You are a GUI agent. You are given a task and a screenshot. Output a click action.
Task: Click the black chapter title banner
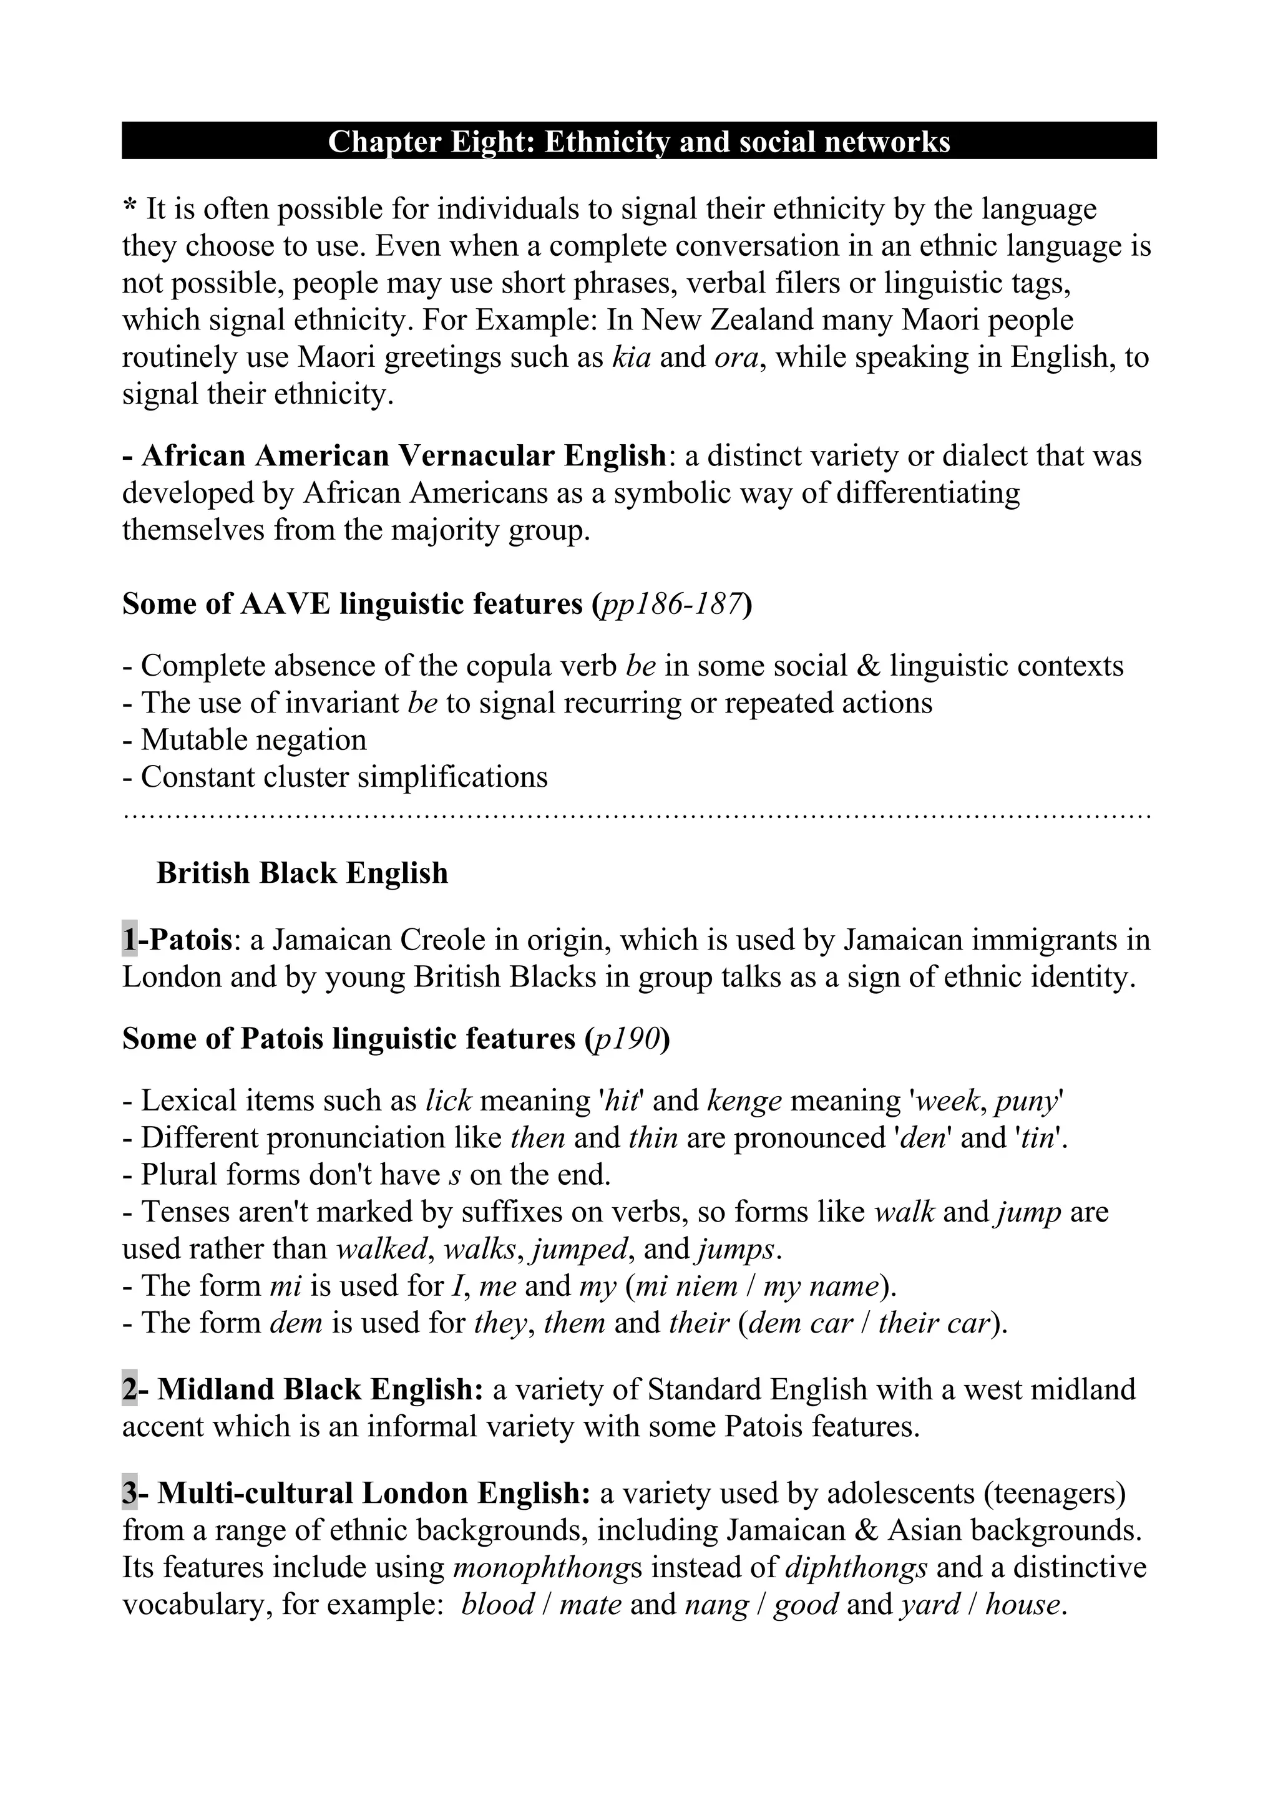point(638,142)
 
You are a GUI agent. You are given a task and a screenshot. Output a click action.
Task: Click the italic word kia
point(632,357)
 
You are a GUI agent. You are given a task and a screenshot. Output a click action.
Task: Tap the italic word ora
point(736,358)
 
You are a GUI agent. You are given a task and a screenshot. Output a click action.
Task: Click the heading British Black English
point(303,873)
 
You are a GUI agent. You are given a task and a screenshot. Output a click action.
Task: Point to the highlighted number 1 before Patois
point(129,940)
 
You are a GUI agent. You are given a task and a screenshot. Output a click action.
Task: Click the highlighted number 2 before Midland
point(129,1390)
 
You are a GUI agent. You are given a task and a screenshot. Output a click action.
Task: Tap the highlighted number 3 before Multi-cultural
point(129,1493)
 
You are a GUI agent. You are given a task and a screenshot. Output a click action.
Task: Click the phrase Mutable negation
point(253,740)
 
